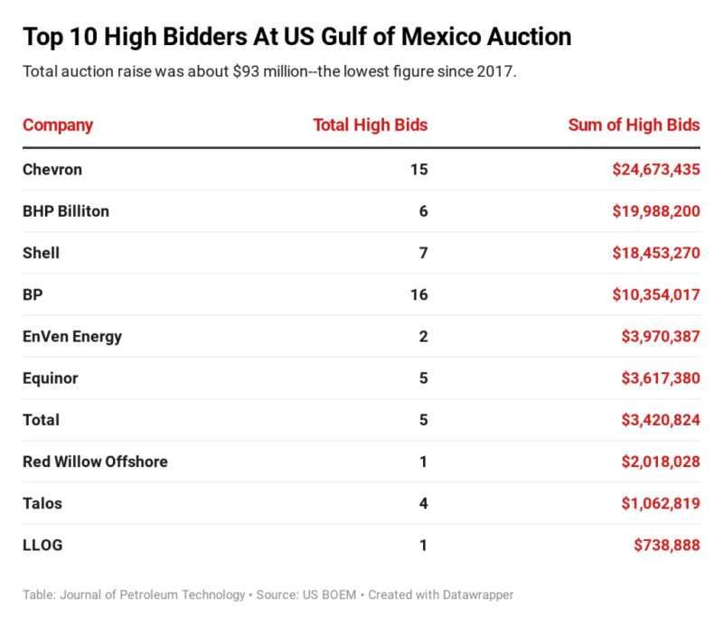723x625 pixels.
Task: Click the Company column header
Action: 57,125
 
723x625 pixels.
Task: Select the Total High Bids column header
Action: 370,125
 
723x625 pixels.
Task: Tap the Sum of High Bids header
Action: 634,125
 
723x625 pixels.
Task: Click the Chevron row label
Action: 52,169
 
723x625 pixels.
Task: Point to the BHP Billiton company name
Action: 66,211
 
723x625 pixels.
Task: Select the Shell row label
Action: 41,253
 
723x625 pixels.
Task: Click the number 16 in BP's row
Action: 418,294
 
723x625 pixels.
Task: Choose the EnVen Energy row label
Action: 72,337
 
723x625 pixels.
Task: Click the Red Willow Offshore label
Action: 95,462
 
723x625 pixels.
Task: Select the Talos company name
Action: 42,503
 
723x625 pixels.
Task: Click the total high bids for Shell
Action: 423,253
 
